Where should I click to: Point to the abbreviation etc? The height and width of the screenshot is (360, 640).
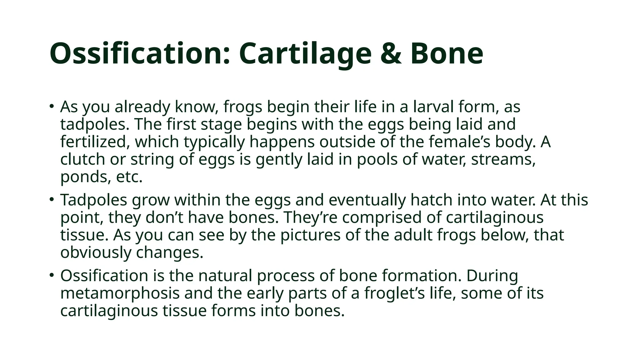[x=129, y=177]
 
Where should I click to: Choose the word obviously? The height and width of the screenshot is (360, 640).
[x=96, y=252]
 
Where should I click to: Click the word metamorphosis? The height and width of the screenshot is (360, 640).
[x=120, y=293]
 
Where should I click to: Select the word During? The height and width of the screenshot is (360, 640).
[x=492, y=276]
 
